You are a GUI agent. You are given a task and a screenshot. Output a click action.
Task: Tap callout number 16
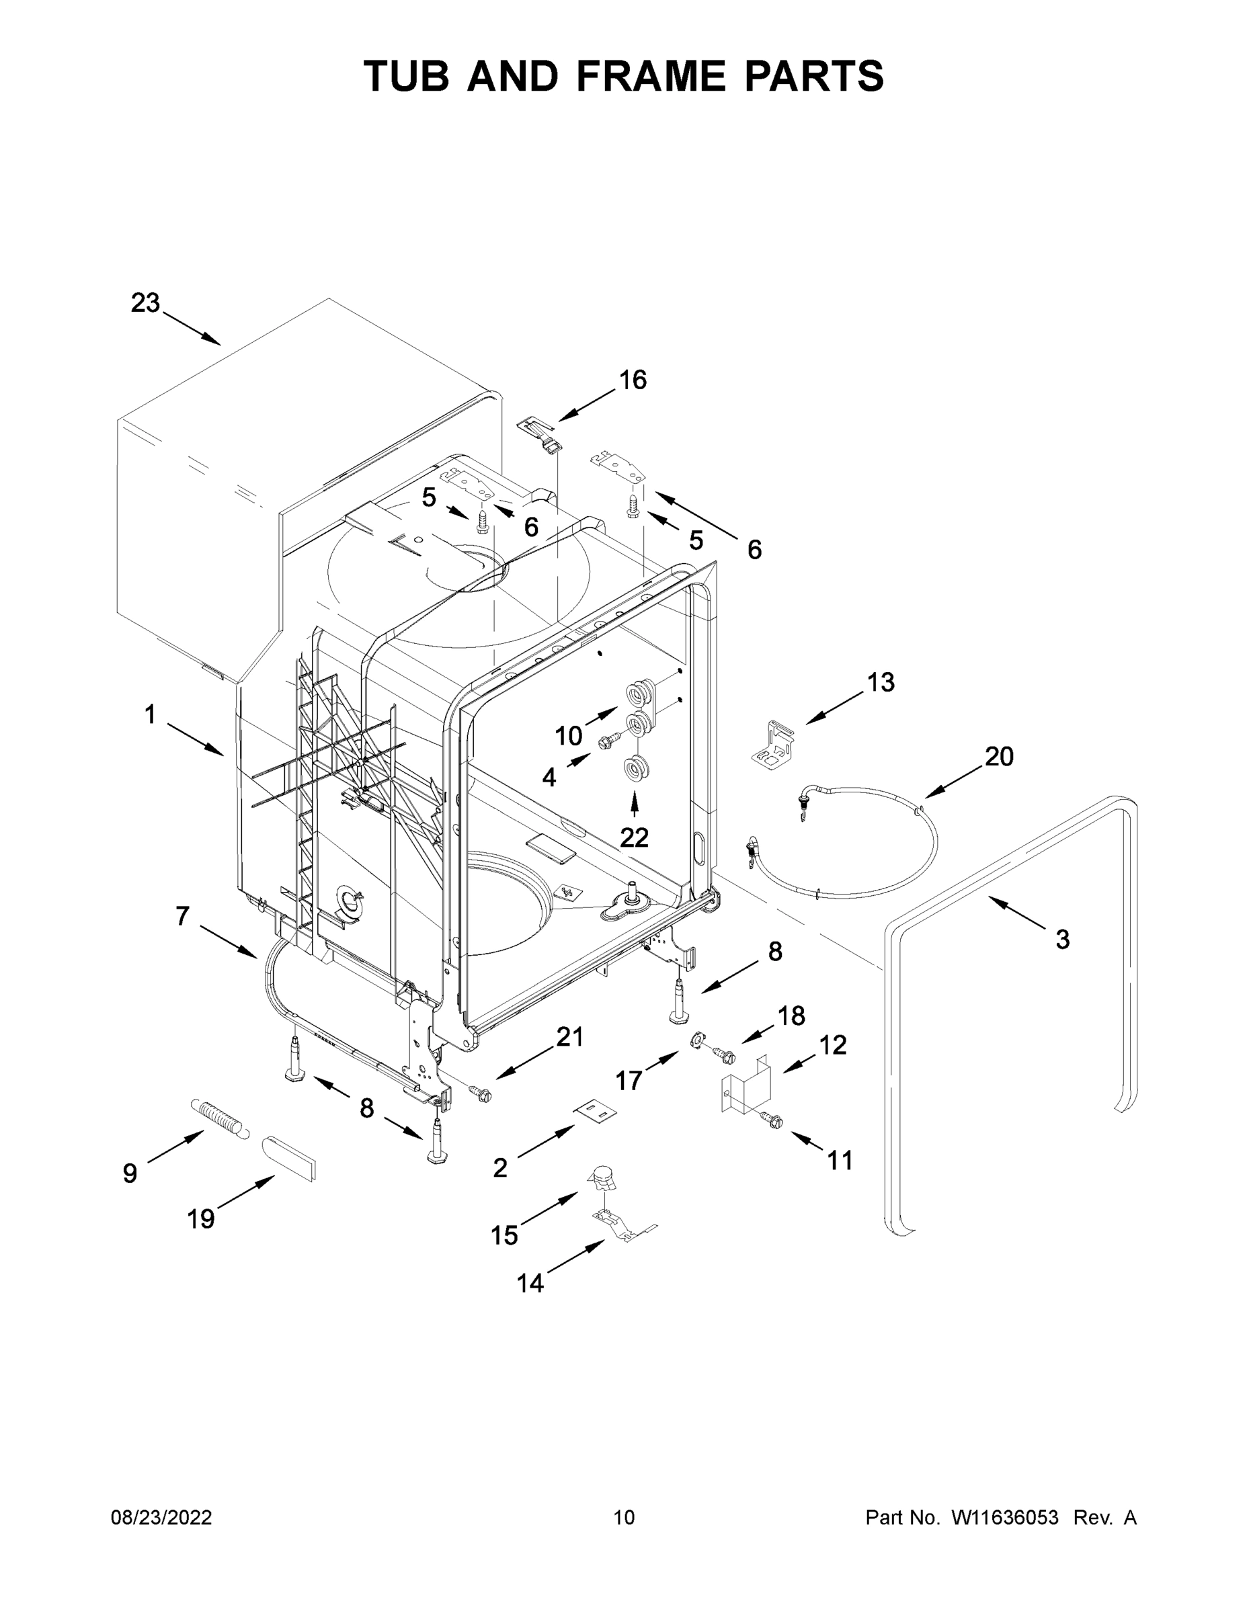(633, 380)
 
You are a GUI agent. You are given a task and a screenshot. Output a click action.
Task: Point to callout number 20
(999, 756)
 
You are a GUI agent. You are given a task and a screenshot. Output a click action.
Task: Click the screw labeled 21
(481, 1092)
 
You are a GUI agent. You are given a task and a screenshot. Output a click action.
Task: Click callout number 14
(530, 1283)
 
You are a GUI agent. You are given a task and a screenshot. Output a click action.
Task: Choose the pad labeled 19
(289, 1157)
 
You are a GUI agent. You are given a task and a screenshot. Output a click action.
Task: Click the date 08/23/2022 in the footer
(161, 1517)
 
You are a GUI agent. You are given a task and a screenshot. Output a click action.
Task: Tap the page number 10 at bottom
(624, 1517)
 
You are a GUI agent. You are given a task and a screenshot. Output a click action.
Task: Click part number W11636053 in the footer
(1005, 1517)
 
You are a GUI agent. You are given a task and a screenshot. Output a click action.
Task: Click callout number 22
(634, 837)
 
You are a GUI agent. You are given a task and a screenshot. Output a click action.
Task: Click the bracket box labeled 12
(746, 1088)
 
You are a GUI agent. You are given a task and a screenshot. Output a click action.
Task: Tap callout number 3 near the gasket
(1061, 940)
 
